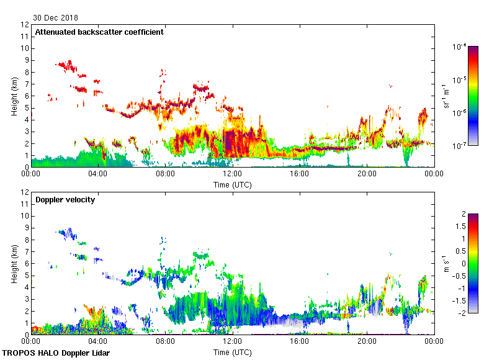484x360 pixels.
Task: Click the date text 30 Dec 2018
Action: (56, 18)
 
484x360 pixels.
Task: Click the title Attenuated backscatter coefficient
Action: (99, 32)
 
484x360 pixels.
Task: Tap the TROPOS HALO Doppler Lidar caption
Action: (52, 353)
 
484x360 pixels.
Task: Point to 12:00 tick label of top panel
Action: (232, 174)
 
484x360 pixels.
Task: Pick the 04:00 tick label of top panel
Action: (98, 174)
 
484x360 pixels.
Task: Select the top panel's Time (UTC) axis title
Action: (233, 184)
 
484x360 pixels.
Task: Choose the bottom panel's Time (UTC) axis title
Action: (233, 352)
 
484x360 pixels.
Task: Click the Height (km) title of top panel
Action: (14, 96)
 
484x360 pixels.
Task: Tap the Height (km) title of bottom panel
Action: (14, 264)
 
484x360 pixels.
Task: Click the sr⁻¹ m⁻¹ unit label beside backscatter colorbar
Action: (447, 96)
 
